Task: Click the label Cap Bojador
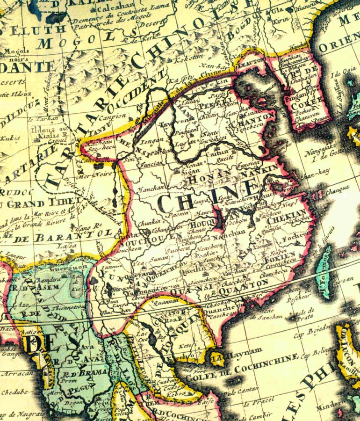coord(312,335)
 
